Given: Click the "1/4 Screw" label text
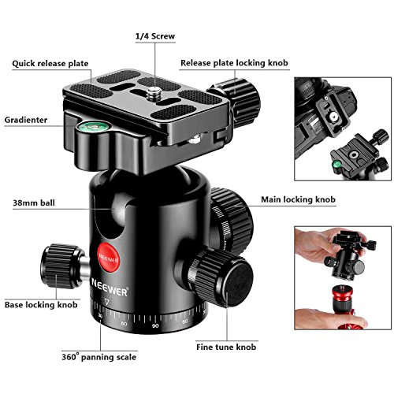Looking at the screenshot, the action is point(155,36).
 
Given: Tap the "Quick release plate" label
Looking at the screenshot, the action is point(50,64).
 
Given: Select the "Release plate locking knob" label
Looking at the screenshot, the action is point(234,63).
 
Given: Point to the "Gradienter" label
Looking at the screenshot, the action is point(26,120).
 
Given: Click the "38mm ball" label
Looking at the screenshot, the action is point(34,203).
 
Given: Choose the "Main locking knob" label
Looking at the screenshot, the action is point(298,199).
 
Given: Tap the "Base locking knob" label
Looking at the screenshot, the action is point(41,305).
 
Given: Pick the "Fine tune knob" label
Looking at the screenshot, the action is point(226,347).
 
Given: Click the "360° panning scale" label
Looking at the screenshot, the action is point(99,357).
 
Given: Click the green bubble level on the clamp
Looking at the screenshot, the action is point(90,127).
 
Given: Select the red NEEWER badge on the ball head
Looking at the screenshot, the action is point(109,258).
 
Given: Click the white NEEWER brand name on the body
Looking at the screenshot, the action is point(110,287).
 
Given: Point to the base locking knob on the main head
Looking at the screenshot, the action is point(61,266).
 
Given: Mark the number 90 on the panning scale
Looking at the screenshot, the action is point(155,325).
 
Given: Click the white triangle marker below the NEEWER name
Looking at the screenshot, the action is point(106,301).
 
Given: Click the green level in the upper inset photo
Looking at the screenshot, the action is point(336,165).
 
